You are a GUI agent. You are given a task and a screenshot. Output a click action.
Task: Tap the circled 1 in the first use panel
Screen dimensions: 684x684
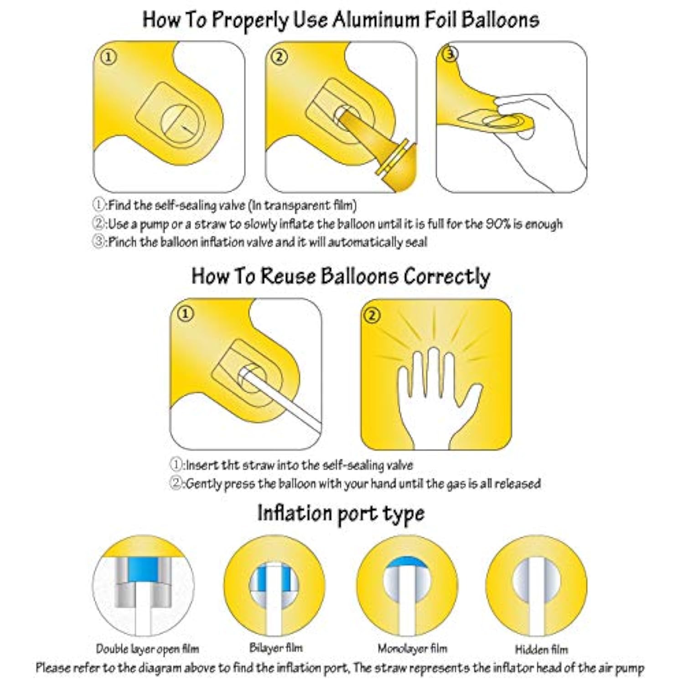click(109, 57)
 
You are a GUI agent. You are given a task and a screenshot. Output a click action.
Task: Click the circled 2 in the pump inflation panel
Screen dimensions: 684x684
click(280, 57)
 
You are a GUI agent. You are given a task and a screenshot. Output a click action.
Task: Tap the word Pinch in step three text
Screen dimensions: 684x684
click(122, 242)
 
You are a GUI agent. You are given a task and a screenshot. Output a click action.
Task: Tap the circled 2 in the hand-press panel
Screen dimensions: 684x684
click(373, 315)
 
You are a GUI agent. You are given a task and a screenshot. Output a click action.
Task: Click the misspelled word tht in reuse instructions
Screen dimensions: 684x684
click(230, 466)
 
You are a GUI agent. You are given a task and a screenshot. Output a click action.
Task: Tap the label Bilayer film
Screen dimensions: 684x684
click(276, 648)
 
